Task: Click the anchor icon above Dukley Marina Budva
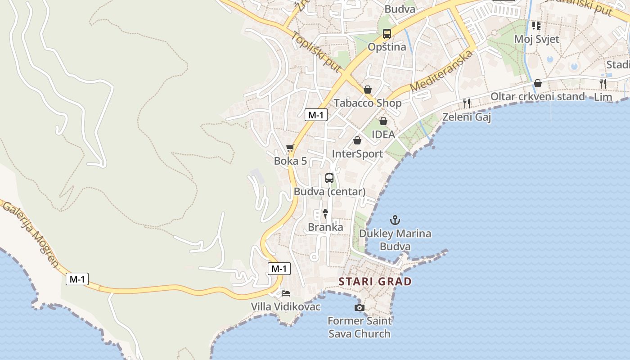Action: pos(395,220)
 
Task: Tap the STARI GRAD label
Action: pos(375,282)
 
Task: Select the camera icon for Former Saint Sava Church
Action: pos(359,307)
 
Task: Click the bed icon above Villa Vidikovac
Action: pos(286,293)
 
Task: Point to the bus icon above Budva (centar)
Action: pos(329,178)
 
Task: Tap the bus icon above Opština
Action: pos(387,33)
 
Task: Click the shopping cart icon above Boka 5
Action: pos(290,148)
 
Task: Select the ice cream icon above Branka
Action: pos(325,213)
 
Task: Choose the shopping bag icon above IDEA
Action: pos(383,121)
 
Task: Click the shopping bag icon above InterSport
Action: pos(357,140)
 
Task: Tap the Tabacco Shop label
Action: pos(367,103)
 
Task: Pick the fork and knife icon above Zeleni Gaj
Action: pos(467,103)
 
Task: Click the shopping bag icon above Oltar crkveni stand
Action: pos(537,83)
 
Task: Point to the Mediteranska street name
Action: pos(442,71)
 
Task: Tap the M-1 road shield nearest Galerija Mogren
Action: pos(77,279)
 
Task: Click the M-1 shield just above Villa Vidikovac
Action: pos(279,269)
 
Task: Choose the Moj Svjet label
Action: pos(536,39)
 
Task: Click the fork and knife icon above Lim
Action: pos(603,83)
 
